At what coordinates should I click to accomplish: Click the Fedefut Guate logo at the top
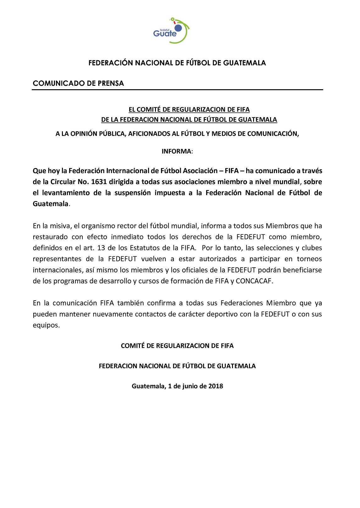tap(171, 31)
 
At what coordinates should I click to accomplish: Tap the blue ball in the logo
tap(178, 28)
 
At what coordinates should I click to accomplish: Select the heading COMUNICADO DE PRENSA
tap(78, 83)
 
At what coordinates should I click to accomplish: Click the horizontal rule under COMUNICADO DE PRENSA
tap(177, 90)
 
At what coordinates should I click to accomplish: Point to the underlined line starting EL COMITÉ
tap(189, 110)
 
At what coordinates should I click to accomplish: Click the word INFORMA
tap(176, 151)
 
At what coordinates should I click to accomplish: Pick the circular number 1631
tap(99, 182)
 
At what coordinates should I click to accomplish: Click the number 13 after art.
tap(101, 248)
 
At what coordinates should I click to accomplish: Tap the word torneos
tap(309, 259)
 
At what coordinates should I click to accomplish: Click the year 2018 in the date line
tap(215, 386)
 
